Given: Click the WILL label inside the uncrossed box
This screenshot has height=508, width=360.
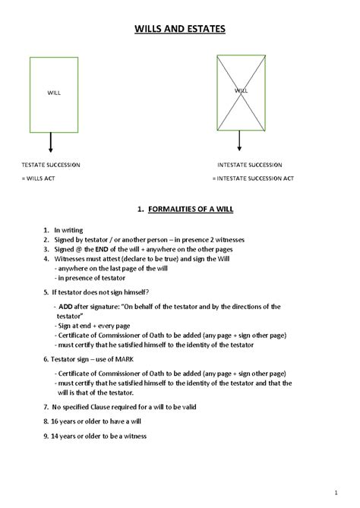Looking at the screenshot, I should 54,92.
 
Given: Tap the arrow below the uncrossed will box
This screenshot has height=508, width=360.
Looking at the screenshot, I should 51,143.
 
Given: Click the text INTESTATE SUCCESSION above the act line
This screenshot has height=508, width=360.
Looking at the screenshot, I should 250,164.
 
